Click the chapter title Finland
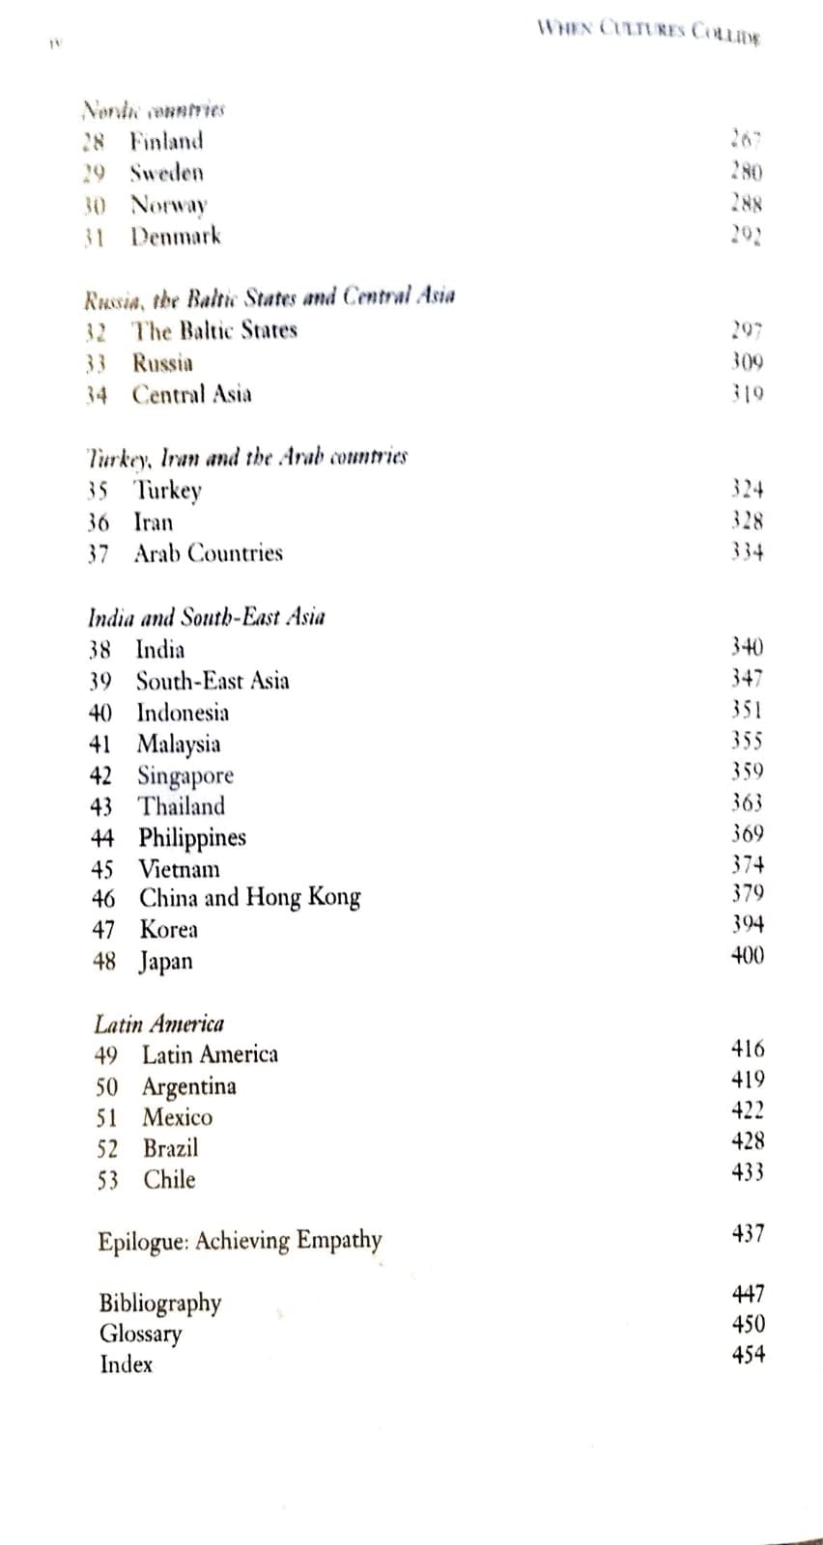(167, 141)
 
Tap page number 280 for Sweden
(747, 173)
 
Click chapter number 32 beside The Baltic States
(96, 331)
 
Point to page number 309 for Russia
(748, 362)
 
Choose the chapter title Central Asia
(192, 394)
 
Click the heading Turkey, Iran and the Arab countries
(247, 456)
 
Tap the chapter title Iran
(154, 522)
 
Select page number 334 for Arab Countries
(748, 552)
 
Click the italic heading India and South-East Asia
(207, 617)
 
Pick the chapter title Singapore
(185, 775)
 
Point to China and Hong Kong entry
(250, 898)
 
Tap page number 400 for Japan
(748, 956)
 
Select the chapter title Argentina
(189, 1086)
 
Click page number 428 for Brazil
(749, 1141)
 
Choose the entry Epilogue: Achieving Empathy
(240, 1240)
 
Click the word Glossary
(141, 1334)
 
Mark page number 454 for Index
(749, 1355)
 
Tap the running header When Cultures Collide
(648, 31)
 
